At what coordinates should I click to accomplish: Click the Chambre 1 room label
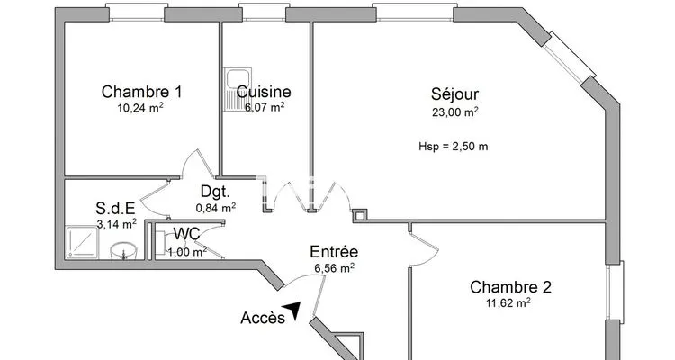pos(141,92)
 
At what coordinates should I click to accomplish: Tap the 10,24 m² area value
pos(140,108)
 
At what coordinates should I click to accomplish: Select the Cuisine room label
pos(264,92)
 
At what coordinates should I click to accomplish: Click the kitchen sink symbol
pos(238,90)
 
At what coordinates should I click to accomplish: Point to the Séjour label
pos(454,94)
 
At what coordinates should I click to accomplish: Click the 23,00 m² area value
pos(455,112)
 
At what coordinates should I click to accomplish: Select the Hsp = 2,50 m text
pos(454,147)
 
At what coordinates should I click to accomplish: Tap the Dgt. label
pos(215,192)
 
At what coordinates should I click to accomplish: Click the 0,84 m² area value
pos(216,208)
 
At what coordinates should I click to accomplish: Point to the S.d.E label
pos(115,209)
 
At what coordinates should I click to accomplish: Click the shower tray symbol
pos(82,242)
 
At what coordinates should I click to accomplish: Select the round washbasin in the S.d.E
pos(124,250)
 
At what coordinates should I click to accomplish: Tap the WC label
pos(186,234)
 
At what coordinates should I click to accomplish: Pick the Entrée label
pos(334,251)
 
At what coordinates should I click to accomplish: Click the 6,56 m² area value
pos(335,268)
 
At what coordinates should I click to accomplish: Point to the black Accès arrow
pos(292,310)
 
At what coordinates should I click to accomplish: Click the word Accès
pos(263,318)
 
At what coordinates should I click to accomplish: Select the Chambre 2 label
pos(510,287)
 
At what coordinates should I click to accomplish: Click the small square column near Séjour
pos(360,215)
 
